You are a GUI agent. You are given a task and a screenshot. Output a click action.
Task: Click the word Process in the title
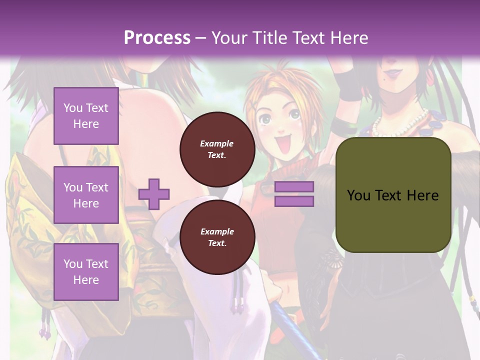[x=157, y=37]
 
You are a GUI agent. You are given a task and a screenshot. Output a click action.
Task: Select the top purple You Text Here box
[x=86, y=116]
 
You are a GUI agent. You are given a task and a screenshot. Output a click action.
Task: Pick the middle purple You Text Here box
[x=86, y=195]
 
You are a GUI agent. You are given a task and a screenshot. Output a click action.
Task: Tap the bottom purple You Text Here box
[x=86, y=272]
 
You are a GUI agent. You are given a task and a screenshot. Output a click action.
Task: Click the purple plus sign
[x=154, y=194]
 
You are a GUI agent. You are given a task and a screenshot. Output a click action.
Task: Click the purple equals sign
[x=294, y=194]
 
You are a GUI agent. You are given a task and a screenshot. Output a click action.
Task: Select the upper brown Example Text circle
[x=217, y=149]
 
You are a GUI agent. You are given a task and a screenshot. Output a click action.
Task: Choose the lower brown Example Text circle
[x=217, y=237]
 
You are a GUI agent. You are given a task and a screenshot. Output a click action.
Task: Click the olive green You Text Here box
[x=393, y=195]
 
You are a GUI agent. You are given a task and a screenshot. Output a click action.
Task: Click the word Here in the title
[x=349, y=37]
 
